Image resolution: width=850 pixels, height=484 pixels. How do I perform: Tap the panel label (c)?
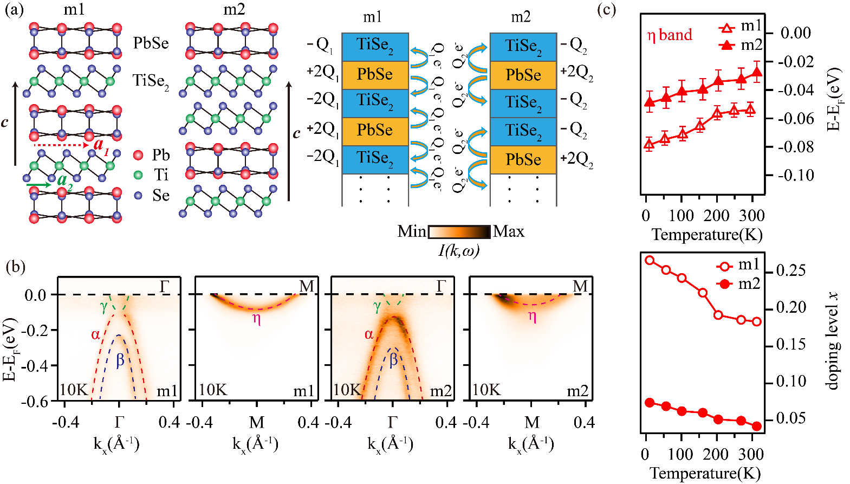click(x=606, y=10)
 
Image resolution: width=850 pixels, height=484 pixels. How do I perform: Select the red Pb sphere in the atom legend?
click(x=138, y=156)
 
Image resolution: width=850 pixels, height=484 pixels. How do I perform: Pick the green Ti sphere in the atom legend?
click(x=138, y=175)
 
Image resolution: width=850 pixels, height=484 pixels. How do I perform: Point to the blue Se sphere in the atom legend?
click(x=138, y=195)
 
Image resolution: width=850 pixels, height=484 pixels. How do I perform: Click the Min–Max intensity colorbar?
click(x=459, y=232)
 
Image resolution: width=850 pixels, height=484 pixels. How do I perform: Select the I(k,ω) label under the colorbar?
click(x=458, y=250)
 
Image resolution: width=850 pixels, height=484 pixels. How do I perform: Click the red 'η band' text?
click(x=670, y=35)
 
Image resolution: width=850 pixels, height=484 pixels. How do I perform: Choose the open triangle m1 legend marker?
click(x=726, y=28)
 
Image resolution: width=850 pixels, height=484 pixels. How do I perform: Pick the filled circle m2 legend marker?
click(x=724, y=284)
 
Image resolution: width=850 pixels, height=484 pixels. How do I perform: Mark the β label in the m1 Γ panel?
click(x=120, y=360)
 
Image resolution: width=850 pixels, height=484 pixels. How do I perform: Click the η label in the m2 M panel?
click(x=532, y=317)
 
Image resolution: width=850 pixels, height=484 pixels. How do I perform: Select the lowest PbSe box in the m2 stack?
click(x=523, y=159)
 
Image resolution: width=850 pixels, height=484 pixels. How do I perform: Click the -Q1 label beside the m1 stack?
click(x=321, y=46)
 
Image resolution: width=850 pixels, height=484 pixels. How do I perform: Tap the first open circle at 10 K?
click(x=650, y=260)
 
